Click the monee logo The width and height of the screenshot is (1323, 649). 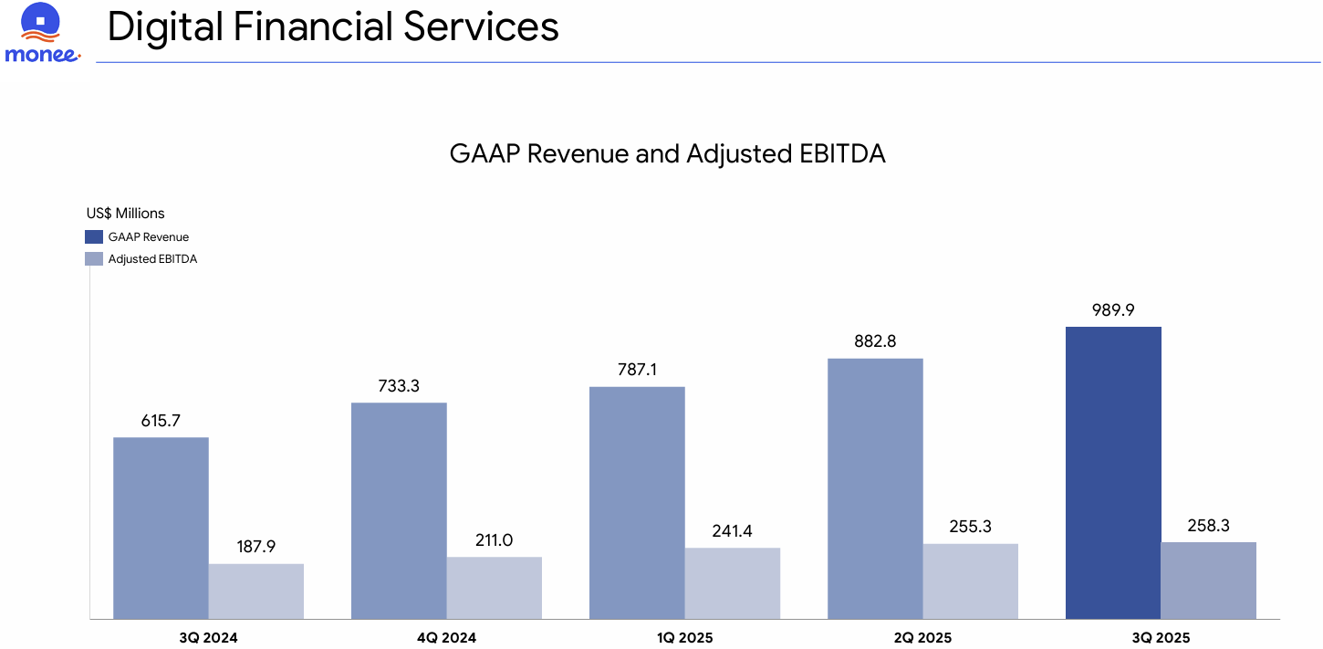click(42, 34)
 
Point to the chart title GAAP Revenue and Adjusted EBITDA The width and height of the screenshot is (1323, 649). click(667, 153)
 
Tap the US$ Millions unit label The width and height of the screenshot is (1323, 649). click(126, 214)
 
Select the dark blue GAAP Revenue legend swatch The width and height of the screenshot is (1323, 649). click(94, 236)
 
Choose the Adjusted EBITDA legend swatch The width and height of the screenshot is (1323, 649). click(94, 258)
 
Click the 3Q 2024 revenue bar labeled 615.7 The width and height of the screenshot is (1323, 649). click(161, 528)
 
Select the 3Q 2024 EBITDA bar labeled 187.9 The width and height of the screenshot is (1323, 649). click(255, 591)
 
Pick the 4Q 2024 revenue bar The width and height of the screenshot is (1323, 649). click(399, 510)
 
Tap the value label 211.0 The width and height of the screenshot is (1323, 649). click(494, 539)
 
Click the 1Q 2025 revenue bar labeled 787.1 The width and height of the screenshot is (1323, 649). click(637, 502)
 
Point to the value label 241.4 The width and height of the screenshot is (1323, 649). click(732, 530)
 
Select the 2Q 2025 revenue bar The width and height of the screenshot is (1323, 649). click(875, 488)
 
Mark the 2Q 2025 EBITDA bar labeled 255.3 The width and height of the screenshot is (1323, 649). click(970, 581)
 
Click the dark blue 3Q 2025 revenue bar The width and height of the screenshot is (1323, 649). click(1113, 473)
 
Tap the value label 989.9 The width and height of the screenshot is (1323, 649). click(1113, 310)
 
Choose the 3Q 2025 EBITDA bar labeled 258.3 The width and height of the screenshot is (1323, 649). click(1208, 581)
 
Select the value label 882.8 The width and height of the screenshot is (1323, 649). click(875, 341)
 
